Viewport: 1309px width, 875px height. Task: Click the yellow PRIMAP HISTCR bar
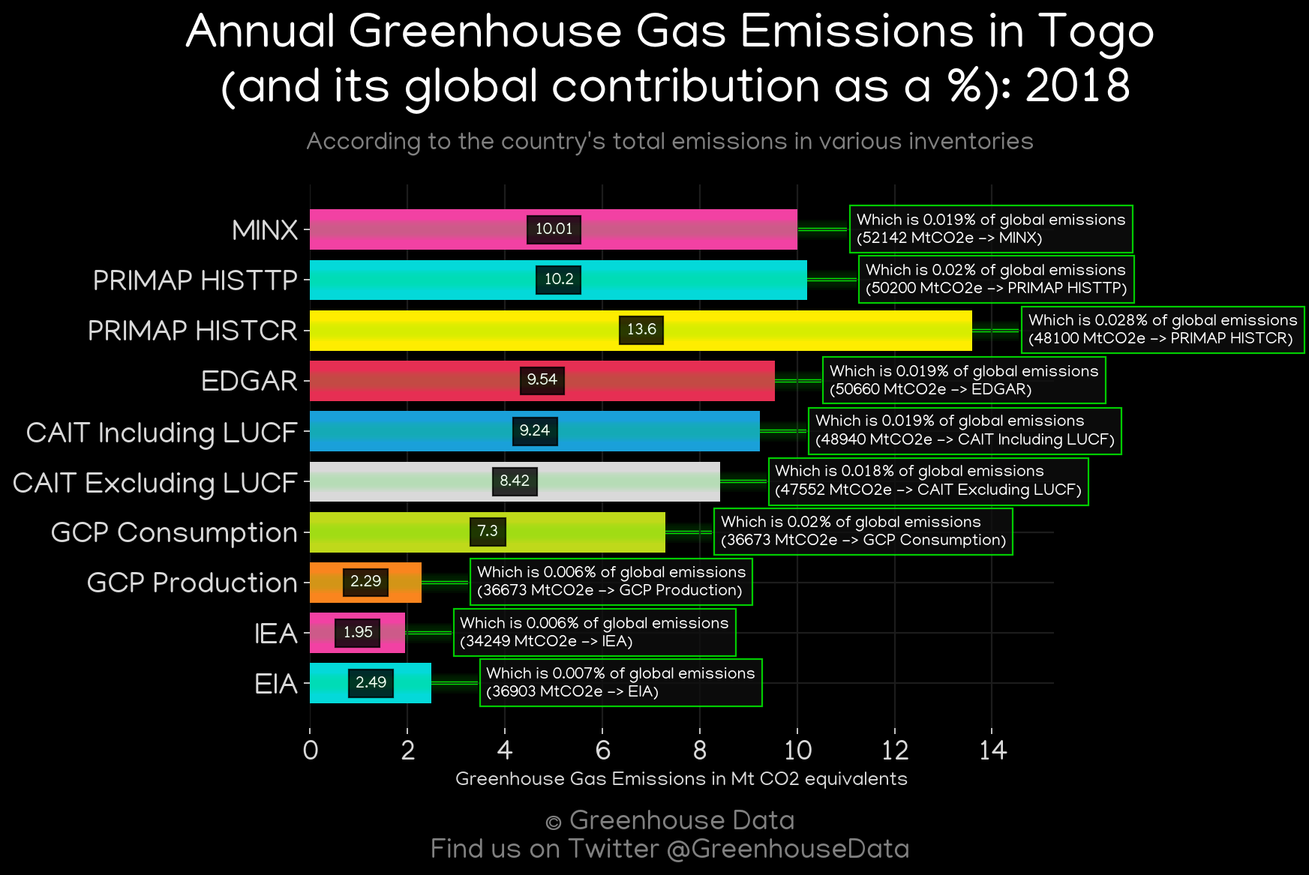tap(641, 330)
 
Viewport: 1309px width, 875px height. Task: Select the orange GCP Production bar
tap(365, 583)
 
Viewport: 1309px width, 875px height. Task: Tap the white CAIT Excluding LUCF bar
tap(515, 481)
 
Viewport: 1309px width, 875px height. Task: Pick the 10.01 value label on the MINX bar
tap(554, 229)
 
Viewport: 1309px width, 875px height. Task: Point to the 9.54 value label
tap(542, 380)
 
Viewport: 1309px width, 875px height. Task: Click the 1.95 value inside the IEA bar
tap(358, 632)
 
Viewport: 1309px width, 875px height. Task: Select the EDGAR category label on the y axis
tap(249, 381)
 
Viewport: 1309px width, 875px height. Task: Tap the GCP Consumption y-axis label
tap(174, 532)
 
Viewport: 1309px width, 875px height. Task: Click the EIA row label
tap(276, 684)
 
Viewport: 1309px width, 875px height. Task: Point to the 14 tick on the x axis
tap(992, 750)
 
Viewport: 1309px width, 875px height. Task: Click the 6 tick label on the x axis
tap(602, 750)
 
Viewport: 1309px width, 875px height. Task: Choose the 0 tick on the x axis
tap(310, 750)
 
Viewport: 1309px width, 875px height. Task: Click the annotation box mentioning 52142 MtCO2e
tap(991, 229)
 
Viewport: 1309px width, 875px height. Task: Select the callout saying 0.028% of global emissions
tap(1163, 329)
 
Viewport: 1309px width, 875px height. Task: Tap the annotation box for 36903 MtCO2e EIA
tap(621, 682)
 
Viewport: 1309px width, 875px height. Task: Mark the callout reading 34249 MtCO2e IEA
tap(594, 632)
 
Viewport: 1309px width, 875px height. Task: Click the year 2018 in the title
tap(1077, 85)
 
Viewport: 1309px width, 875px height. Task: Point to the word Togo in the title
tap(1096, 33)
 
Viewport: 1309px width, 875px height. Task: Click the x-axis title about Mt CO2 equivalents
tap(681, 779)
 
